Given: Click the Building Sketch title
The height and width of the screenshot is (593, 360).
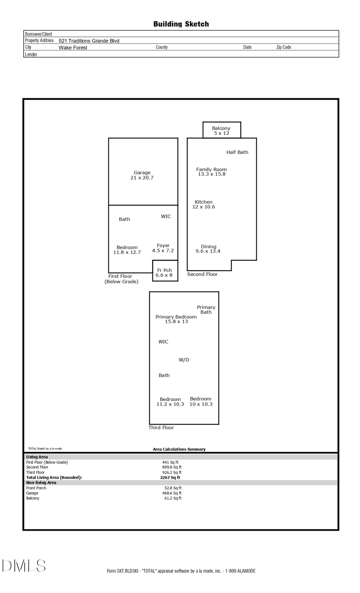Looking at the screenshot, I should click(x=181, y=24).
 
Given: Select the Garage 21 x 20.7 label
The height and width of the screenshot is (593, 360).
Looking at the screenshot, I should click(x=142, y=175).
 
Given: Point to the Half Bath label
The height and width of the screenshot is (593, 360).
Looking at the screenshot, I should click(x=237, y=152).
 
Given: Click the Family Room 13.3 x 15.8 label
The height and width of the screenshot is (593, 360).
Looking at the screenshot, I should click(x=211, y=172).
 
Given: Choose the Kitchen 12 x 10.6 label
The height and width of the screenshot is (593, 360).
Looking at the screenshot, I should click(x=204, y=204).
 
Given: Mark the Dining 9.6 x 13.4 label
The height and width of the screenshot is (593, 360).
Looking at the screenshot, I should click(x=208, y=249).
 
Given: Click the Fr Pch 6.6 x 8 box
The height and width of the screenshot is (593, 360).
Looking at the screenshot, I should click(x=164, y=272).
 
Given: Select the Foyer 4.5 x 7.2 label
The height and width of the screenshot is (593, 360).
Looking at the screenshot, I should click(x=163, y=248).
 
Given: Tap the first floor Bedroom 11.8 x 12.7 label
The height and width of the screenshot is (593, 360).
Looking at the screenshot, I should click(x=127, y=250).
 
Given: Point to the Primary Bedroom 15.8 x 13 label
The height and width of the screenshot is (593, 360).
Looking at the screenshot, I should click(x=176, y=319).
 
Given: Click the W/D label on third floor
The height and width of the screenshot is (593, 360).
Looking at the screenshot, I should click(x=184, y=360).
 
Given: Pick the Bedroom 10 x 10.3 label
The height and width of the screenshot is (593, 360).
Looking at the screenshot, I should click(x=201, y=401).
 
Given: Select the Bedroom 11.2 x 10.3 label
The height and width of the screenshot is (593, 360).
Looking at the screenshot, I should click(x=170, y=402).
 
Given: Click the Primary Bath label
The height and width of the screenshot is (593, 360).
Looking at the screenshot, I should click(x=206, y=309).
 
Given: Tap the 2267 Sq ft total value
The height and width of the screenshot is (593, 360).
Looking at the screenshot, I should click(x=170, y=477).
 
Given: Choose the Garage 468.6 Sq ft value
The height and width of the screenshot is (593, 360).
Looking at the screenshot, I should click(x=172, y=493).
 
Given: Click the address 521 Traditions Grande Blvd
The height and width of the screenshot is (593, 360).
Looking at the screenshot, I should click(x=89, y=41).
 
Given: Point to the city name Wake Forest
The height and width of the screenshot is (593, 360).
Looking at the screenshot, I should click(x=73, y=48).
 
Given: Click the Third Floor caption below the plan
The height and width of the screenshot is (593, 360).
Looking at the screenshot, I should click(x=161, y=428).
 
